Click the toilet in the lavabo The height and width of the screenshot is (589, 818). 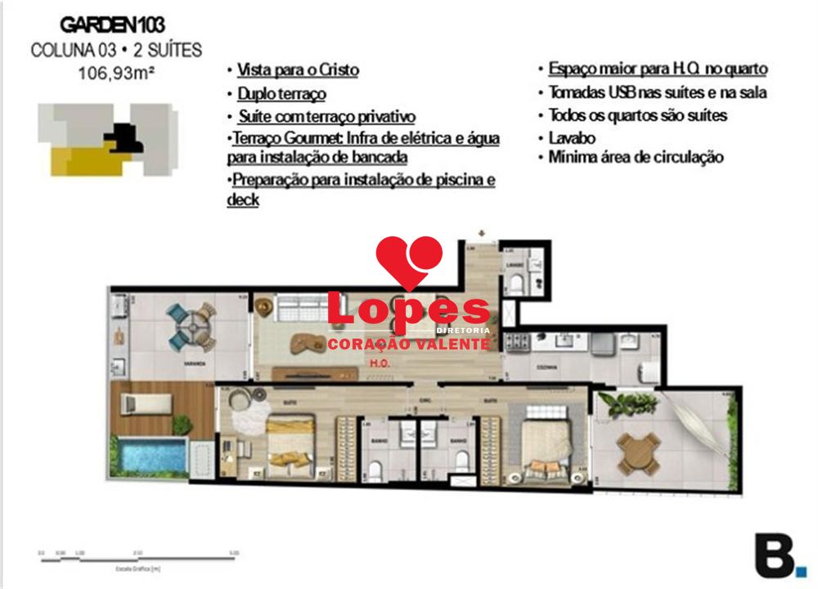click(516, 281)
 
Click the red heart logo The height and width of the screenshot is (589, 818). click(409, 260)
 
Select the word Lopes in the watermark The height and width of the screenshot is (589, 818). click(407, 312)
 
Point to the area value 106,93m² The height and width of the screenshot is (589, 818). click(116, 72)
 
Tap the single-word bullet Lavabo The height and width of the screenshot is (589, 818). click(572, 137)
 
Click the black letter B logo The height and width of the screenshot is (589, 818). click(775, 555)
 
